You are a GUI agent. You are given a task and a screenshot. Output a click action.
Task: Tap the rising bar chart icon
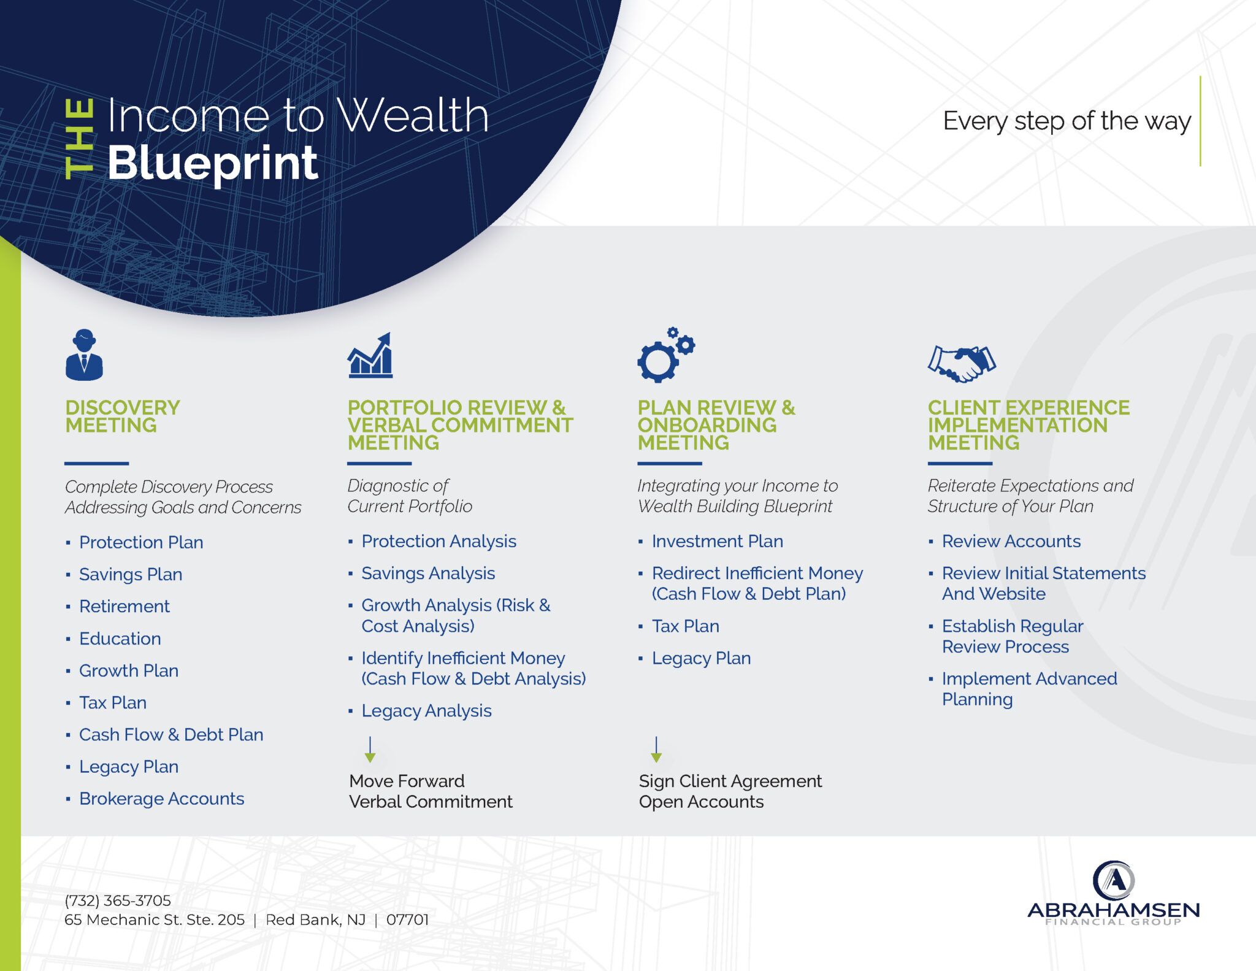(370, 355)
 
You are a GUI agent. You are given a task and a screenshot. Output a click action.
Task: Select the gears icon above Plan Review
(666, 355)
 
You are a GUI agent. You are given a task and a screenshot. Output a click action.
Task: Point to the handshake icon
(962, 364)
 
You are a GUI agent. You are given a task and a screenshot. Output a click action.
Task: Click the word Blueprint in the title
(213, 164)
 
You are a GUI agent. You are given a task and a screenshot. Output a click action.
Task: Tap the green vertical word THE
(79, 140)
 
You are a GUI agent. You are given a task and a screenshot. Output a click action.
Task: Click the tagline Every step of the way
(1067, 121)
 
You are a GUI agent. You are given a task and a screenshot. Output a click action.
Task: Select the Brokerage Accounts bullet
(162, 799)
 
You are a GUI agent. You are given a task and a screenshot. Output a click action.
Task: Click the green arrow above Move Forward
(370, 750)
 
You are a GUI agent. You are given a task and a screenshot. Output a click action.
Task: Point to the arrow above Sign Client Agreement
(656, 750)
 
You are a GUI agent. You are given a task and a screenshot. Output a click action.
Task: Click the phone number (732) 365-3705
(118, 900)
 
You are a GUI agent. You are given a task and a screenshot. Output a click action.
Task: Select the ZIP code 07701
(407, 920)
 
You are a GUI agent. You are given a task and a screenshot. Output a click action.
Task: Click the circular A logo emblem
(1114, 880)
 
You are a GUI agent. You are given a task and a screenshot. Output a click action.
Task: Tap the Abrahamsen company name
(1114, 910)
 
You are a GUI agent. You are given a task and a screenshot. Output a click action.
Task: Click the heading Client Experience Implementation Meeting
(1028, 425)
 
